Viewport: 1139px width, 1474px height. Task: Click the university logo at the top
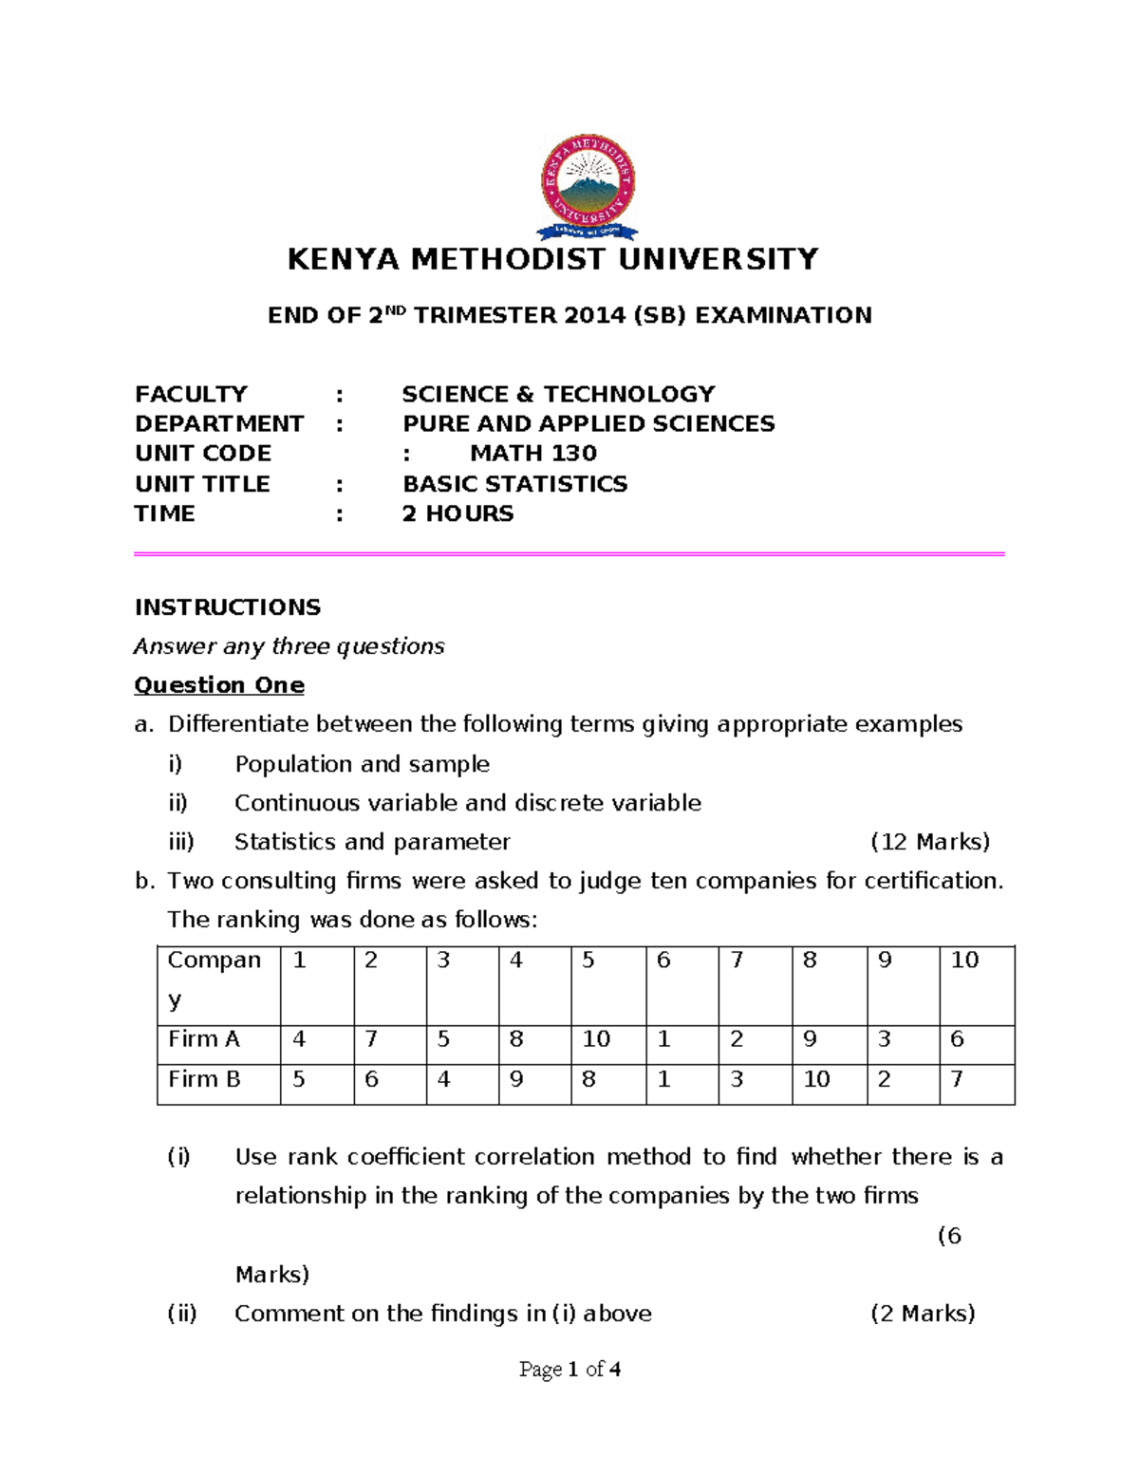(x=588, y=186)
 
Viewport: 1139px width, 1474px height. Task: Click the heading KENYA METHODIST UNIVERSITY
(x=552, y=259)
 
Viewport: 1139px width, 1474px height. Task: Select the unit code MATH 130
(x=532, y=453)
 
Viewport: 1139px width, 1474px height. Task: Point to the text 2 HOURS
(x=457, y=513)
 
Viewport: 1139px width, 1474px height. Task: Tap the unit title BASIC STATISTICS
(x=514, y=483)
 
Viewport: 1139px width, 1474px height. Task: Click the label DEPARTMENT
(x=219, y=423)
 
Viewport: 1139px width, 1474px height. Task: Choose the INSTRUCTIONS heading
(x=228, y=607)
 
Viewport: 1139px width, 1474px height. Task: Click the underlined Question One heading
(x=219, y=685)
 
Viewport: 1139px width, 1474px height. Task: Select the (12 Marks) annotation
(x=930, y=842)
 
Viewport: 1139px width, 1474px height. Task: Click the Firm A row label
(x=204, y=1039)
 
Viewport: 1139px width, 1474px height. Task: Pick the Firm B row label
(x=204, y=1079)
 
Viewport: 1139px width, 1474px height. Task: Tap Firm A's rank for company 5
(x=596, y=1039)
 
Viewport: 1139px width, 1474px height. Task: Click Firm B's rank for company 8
(x=816, y=1079)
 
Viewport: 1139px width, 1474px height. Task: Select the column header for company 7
(x=737, y=961)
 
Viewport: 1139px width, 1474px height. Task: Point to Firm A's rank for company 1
(x=299, y=1039)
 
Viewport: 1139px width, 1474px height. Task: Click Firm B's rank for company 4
(x=516, y=1079)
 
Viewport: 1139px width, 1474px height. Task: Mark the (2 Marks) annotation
(x=923, y=1314)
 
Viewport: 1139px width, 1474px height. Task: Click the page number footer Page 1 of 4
(x=569, y=1369)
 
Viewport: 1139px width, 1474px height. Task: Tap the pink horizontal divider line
(x=569, y=553)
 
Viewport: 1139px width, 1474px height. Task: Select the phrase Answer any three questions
(x=289, y=646)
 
